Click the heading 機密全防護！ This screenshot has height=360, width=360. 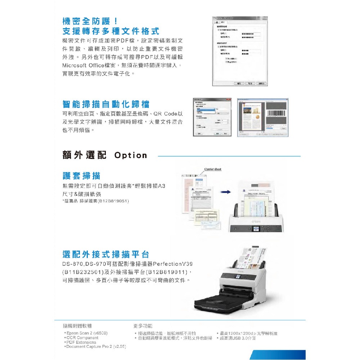coord(90,21)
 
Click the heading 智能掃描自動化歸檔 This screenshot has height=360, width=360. coord(106,104)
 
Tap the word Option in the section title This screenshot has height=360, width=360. coord(131,156)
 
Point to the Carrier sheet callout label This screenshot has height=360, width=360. coord(213,169)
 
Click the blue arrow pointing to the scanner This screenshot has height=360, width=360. coord(226,192)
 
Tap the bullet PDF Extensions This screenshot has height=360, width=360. coord(81,342)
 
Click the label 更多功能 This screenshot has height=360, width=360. coord(140,326)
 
